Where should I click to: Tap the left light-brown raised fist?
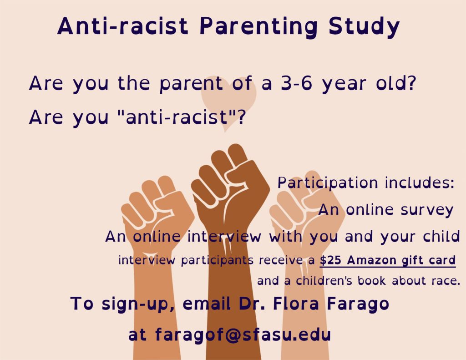156,208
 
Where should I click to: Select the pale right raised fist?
306,205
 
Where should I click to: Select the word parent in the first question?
191,84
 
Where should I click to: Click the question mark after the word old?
411,83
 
